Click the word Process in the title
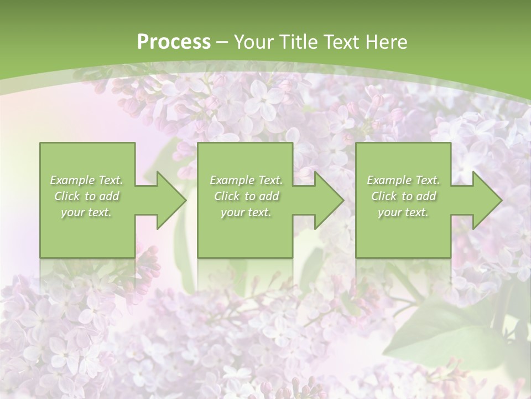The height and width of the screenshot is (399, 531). click(174, 42)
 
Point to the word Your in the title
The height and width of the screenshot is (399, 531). click(252, 42)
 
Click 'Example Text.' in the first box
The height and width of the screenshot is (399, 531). click(86, 180)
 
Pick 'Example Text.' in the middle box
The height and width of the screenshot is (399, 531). click(246, 180)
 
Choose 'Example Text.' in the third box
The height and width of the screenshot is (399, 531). click(403, 180)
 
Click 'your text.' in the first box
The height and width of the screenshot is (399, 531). click(86, 212)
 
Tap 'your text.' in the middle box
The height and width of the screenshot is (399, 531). click(246, 212)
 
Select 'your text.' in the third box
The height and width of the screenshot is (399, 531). click(403, 212)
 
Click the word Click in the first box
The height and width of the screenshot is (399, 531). click(67, 196)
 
